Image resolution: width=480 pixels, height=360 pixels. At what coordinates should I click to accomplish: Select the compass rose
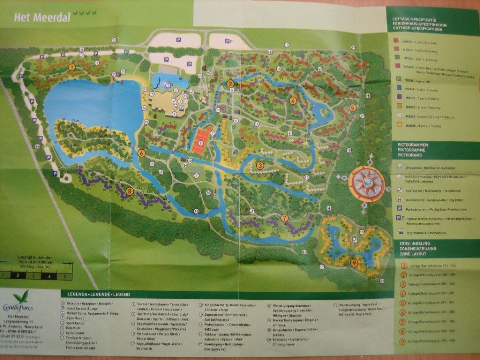tap(366, 183)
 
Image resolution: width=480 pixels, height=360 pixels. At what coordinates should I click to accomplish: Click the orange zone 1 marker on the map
tap(72, 67)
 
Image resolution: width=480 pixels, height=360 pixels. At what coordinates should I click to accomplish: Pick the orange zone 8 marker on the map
tap(130, 190)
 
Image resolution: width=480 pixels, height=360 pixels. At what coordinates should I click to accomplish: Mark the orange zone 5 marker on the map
tap(353, 107)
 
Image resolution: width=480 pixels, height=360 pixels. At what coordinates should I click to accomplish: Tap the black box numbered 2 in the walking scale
tap(18, 275)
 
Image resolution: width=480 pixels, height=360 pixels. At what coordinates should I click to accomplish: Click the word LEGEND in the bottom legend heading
tap(120, 294)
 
